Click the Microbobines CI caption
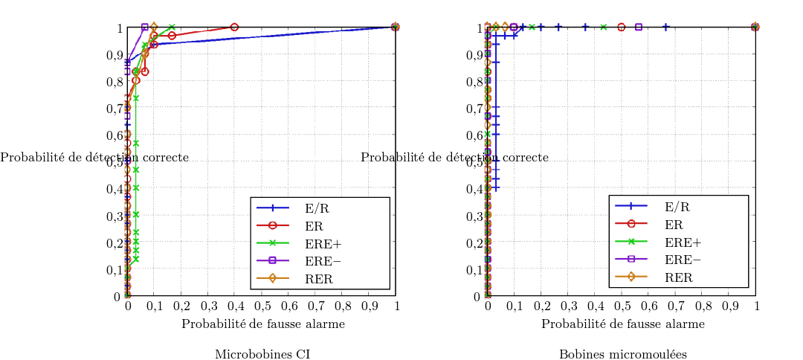pos(262,354)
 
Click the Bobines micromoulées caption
pos(622,354)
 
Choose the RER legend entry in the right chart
pos(678,277)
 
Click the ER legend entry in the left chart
pos(312,225)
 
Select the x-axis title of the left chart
pos(263,324)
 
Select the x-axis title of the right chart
pos(623,324)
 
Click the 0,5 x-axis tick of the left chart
pos(262,306)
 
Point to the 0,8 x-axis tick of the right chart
pos(703,306)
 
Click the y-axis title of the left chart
pos(94,158)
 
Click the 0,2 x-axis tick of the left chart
pos(181,306)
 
